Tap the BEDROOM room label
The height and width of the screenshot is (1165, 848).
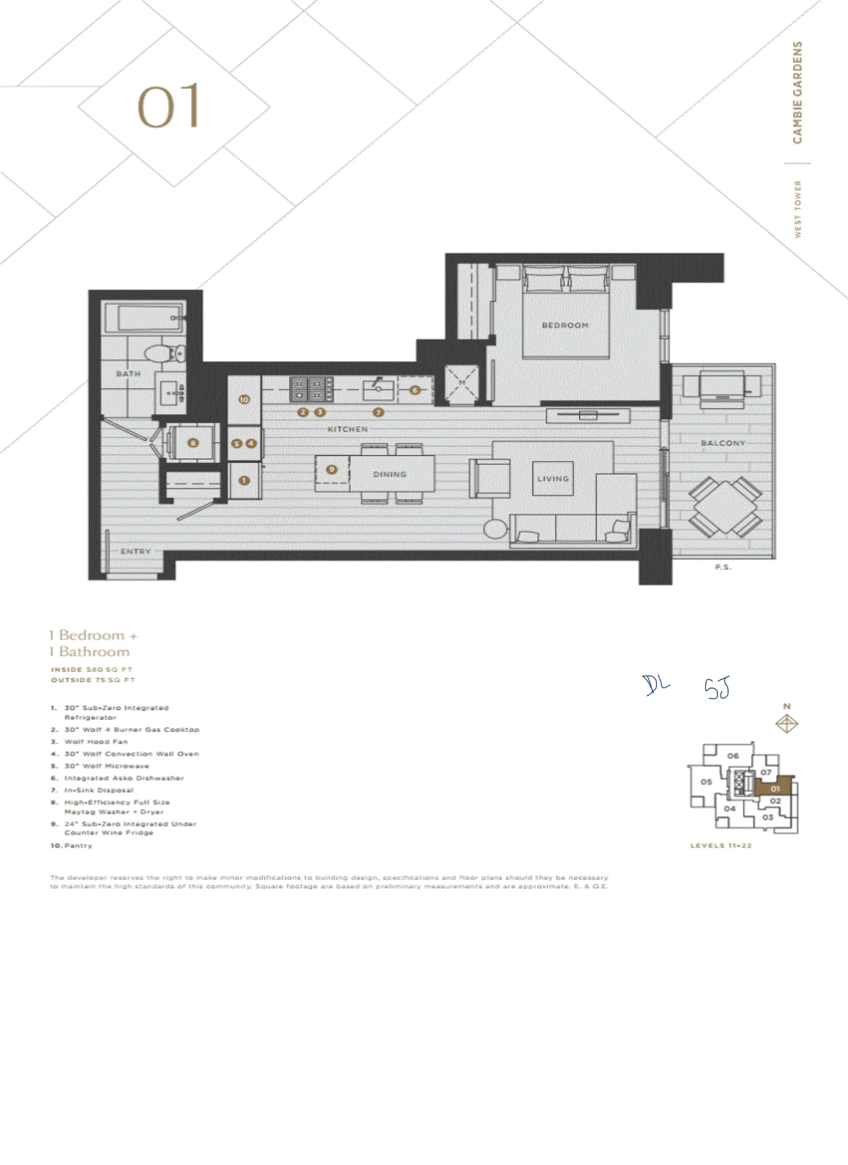click(x=565, y=325)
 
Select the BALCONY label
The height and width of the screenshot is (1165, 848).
click(x=723, y=443)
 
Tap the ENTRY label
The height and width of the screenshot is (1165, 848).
click(x=136, y=551)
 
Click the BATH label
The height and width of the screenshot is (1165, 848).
click(x=128, y=373)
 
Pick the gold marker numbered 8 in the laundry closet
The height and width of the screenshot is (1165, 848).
click(x=193, y=443)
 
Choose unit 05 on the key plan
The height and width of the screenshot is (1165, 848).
click(x=706, y=782)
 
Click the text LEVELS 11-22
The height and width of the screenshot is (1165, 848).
click(x=721, y=845)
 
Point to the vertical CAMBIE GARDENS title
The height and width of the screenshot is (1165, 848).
click(x=797, y=93)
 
